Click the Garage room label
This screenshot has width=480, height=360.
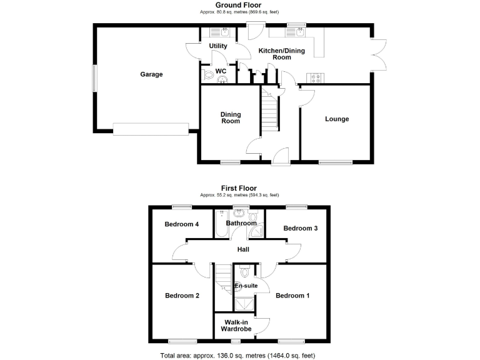coord(151,74)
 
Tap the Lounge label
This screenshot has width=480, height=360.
coord(337,119)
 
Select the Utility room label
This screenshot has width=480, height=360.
coord(218,46)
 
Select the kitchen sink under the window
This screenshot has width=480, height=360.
coord(293,32)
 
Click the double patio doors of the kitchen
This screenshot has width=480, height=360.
coord(377,54)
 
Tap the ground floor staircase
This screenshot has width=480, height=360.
coord(269,111)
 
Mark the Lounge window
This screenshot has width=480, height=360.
coord(336,162)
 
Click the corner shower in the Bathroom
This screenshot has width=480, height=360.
coord(257,233)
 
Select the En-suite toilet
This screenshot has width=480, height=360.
coord(244,272)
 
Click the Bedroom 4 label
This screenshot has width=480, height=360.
coord(181,224)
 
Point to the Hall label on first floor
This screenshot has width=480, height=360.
coord(243,250)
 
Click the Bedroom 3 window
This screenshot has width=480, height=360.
coord(296,207)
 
